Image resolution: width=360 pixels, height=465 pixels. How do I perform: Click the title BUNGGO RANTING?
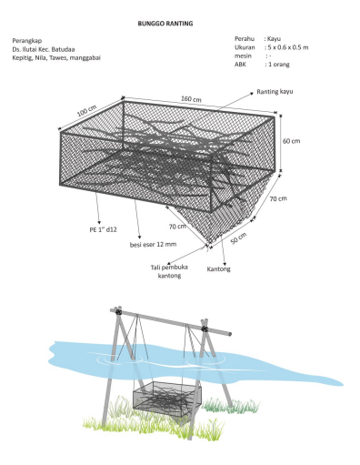click(x=165, y=24)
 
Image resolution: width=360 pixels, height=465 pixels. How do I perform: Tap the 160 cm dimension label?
click(x=191, y=99)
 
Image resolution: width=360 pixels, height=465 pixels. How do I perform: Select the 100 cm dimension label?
click(x=86, y=111)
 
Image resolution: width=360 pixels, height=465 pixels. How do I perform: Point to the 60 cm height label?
click(x=291, y=141)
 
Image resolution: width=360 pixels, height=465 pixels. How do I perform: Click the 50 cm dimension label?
click(x=238, y=238)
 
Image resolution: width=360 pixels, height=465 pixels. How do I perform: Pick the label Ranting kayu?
click(x=275, y=92)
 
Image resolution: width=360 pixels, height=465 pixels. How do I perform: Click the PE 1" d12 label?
click(x=103, y=230)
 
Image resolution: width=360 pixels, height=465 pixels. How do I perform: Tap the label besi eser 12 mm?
click(x=153, y=244)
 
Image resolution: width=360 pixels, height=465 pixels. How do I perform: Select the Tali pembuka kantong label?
click(x=169, y=271)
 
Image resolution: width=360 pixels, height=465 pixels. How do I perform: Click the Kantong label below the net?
click(x=218, y=269)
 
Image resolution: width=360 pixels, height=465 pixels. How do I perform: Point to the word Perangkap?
click(x=27, y=41)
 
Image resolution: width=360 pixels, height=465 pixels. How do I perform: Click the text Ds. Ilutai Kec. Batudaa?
click(x=44, y=49)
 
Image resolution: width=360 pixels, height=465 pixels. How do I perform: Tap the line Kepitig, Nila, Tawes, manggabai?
click(x=56, y=58)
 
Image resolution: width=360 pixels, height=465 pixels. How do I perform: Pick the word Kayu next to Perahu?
click(x=274, y=39)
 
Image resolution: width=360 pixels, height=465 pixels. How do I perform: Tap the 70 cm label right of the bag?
click(x=278, y=198)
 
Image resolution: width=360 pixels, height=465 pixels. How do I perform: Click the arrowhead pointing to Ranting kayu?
click(x=251, y=94)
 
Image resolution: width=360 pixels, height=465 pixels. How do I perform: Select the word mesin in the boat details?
click(x=243, y=56)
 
